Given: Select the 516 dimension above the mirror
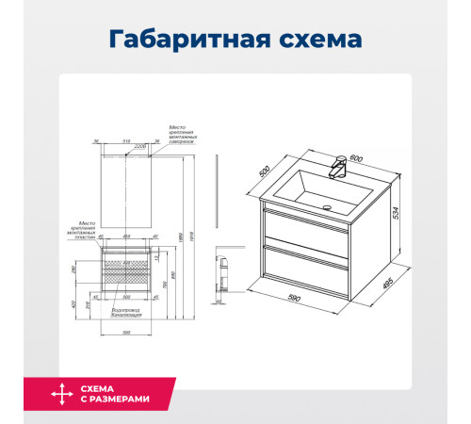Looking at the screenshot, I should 127,143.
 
